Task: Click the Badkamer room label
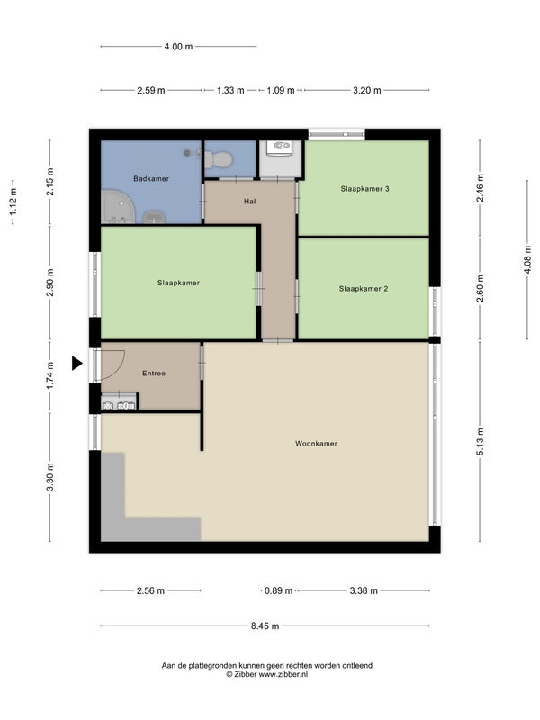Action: click(151, 178)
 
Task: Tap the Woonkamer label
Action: click(316, 444)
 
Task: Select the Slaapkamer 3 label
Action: click(365, 189)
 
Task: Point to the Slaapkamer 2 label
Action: click(364, 289)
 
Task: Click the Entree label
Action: click(154, 373)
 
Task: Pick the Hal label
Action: click(250, 201)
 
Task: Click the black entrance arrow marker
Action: click(76, 364)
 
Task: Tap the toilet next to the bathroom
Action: click(220, 159)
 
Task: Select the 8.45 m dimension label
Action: click(265, 625)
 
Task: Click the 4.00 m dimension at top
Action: click(178, 47)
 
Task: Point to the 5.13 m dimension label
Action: click(481, 442)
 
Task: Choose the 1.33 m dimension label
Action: click(230, 91)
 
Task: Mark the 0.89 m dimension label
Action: click(278, 590)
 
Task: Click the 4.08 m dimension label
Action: click(527, 259)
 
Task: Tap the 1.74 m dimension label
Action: click(50, 375)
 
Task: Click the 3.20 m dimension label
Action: click(367, 91)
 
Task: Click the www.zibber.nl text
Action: click(283, 674)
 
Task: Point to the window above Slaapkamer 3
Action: click(337, 134)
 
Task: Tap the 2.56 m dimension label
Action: click(150, 590)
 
